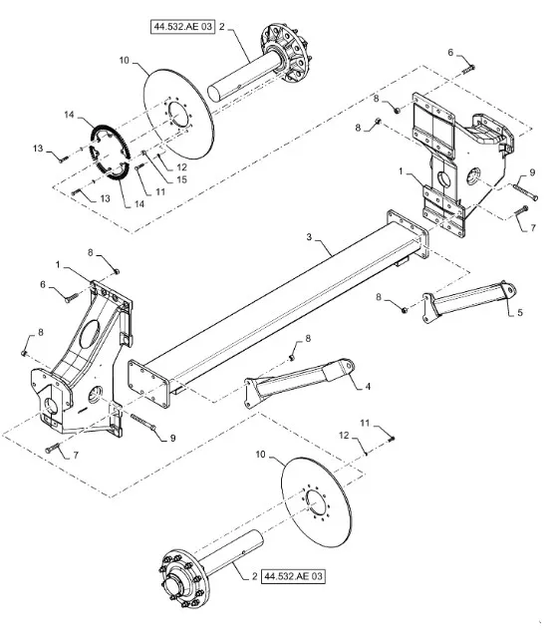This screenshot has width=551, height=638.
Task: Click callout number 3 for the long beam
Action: click(309, 237)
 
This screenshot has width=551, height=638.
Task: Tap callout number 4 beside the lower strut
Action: click(368, 386)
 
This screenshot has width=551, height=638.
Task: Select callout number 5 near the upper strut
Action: click(520, 313)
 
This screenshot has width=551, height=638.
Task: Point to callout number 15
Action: click(181, 179)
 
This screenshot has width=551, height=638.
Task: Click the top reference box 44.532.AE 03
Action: click(182, 27)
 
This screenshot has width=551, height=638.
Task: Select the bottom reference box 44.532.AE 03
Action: click(293, 576)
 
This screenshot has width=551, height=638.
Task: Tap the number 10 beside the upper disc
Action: click(124, 60)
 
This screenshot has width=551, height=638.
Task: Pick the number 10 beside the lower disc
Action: click(260, 455)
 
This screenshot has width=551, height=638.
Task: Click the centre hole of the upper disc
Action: click(179, 114)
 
